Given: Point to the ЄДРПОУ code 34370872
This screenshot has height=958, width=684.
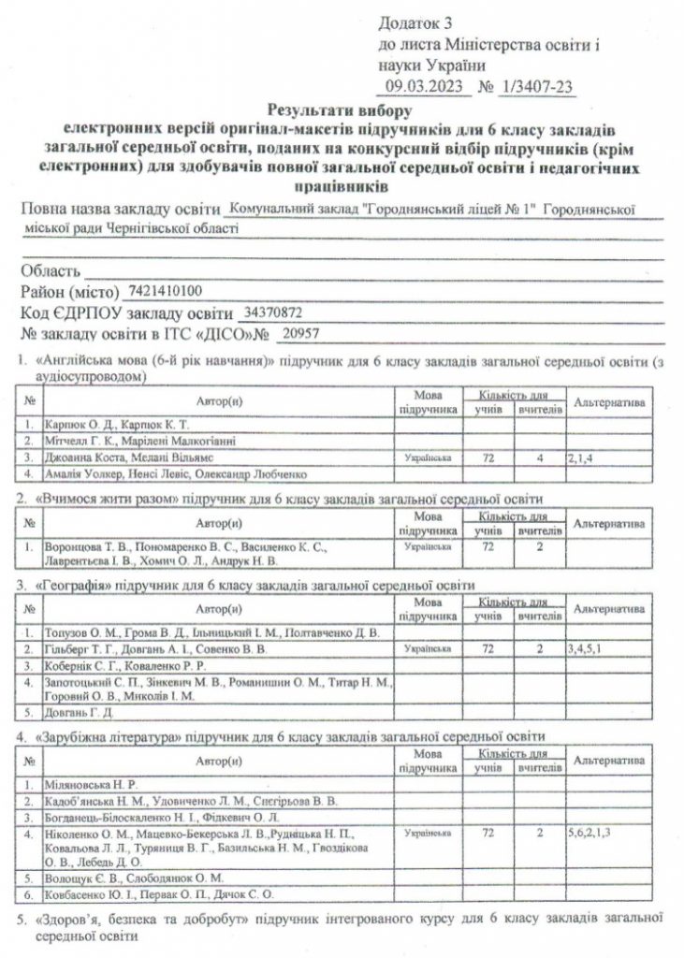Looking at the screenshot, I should pos(272,312).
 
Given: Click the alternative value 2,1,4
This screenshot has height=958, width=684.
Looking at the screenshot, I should pos(583,458).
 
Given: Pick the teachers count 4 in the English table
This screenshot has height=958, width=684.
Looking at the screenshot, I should pos(539,458).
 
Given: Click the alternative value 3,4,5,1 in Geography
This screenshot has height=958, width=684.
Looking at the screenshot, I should pos(588,647).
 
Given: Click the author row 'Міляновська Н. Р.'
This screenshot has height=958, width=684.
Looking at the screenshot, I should pos(88,784).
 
